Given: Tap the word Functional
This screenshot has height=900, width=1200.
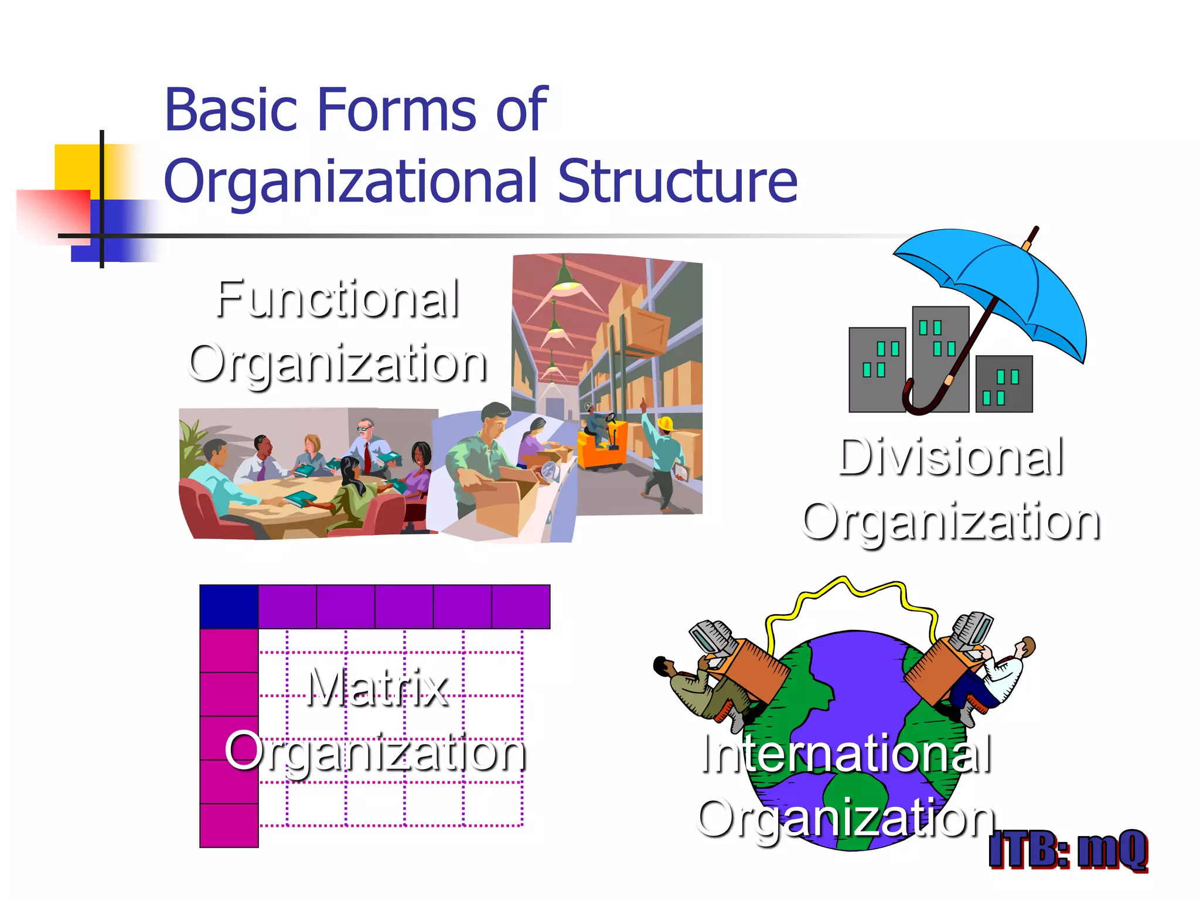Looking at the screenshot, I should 337,299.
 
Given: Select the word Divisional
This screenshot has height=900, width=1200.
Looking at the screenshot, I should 950,458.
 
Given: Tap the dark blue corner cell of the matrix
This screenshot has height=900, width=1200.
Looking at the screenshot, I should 229,606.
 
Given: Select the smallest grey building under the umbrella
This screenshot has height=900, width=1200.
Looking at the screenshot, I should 1004,384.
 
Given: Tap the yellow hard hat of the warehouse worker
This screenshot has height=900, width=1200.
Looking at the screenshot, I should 665,423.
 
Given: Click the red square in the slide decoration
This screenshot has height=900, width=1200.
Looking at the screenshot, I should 53,214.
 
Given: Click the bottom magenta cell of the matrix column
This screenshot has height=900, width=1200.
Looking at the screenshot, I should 229,825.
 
